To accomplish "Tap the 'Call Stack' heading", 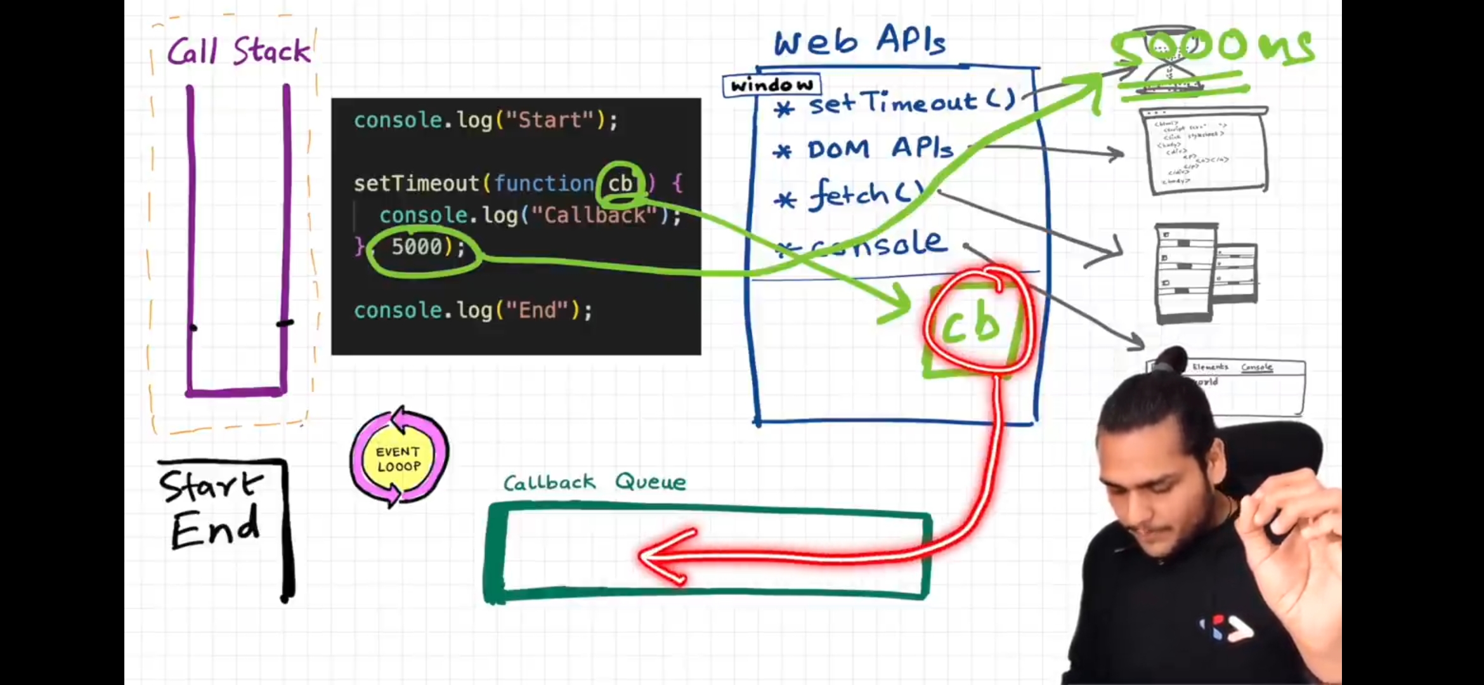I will pos(238,51).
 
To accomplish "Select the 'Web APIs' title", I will pos(859,42).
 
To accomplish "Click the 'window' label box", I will pos(771,85).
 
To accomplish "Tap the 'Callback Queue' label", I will pos(594,483).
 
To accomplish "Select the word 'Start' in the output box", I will pos(211,487).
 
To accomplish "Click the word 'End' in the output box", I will pos(215,528).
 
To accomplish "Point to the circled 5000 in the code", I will pos(418,247).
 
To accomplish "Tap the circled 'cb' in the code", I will pos(620,184).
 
